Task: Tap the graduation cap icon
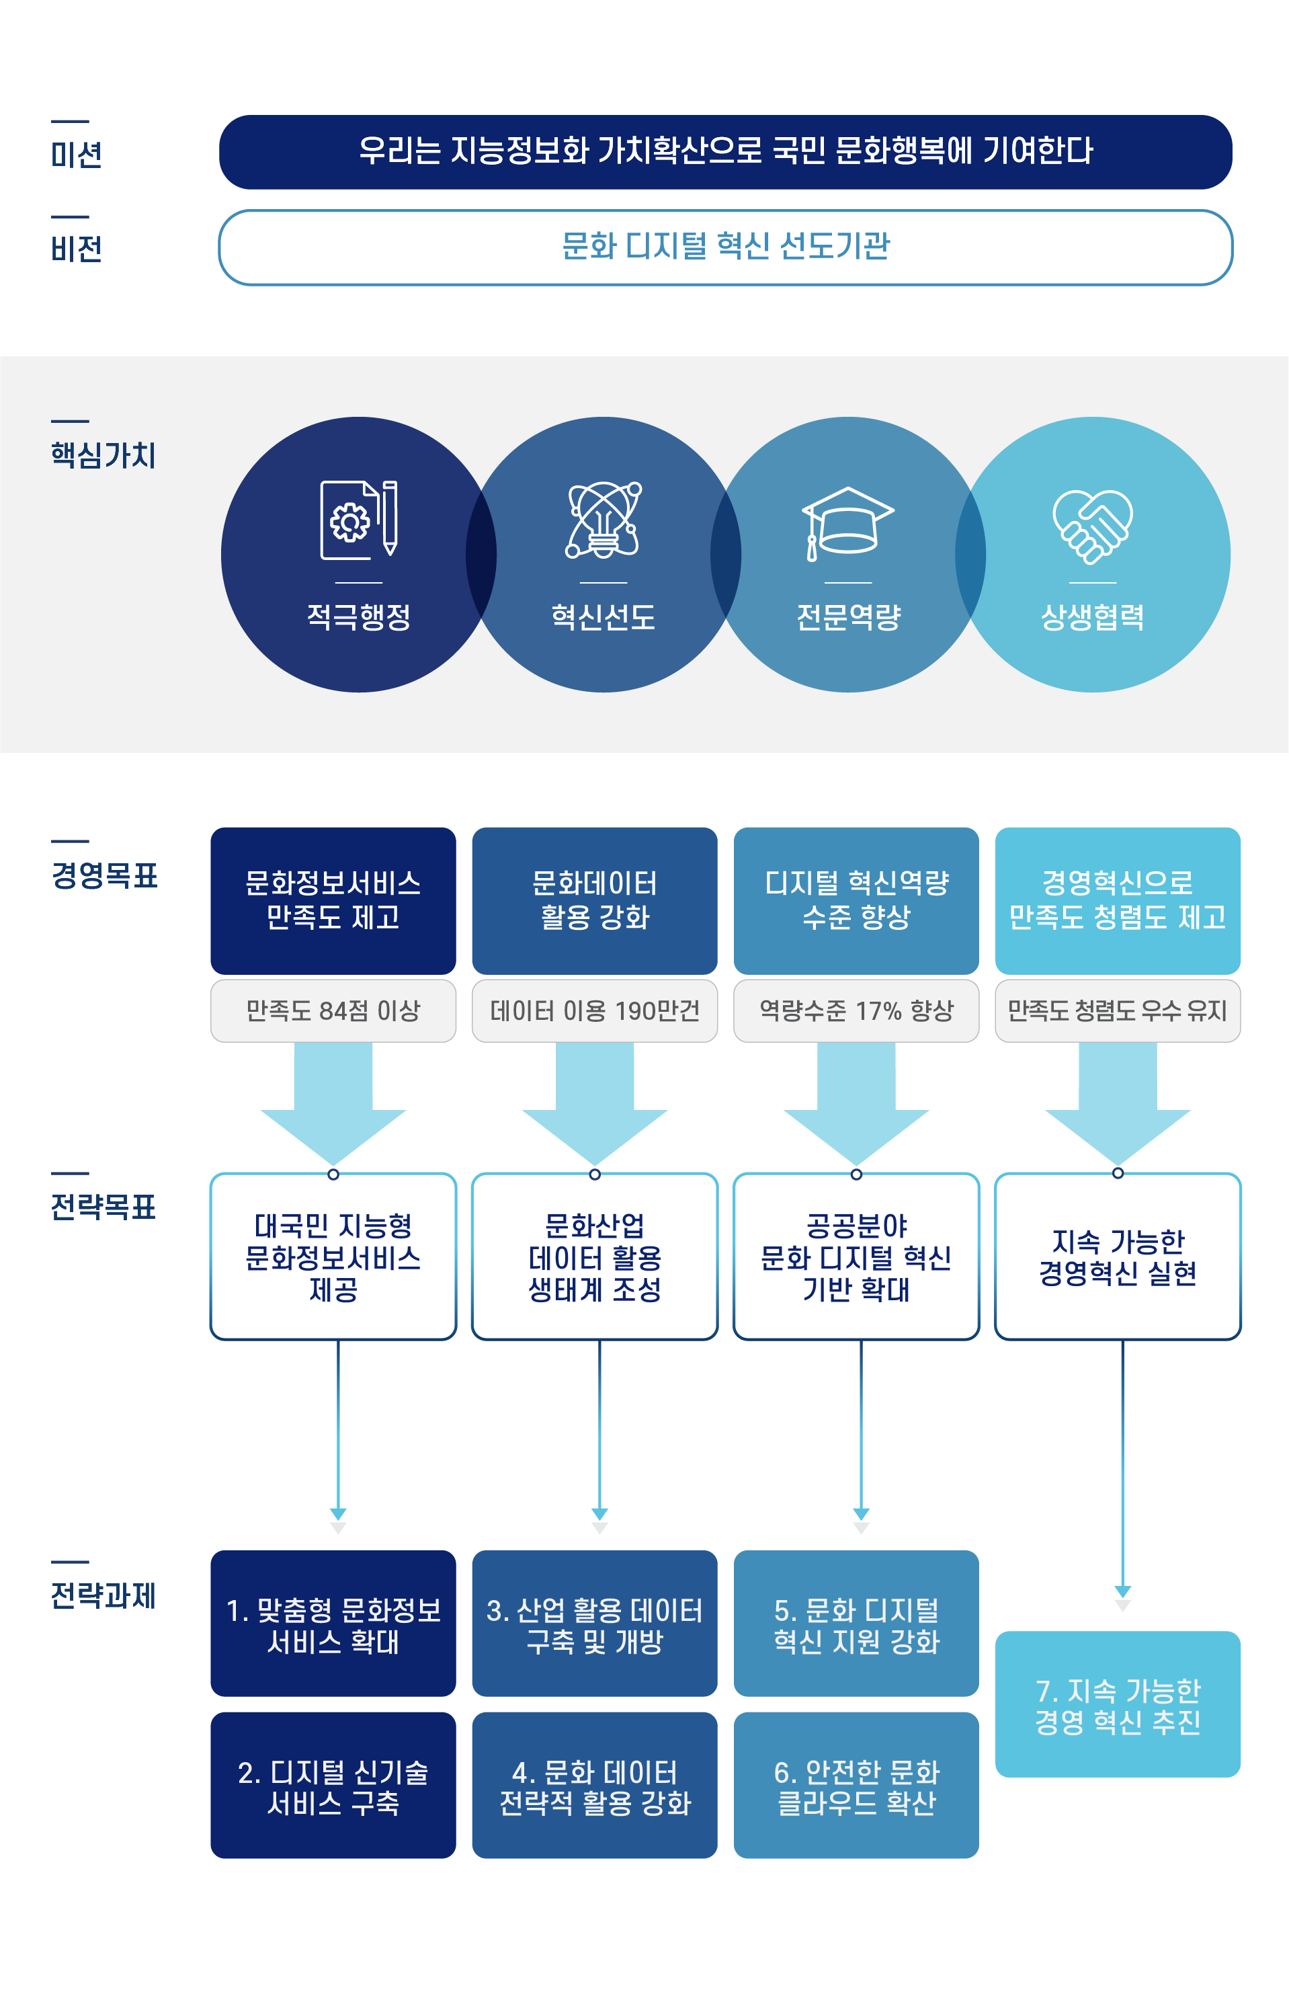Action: [847, 522]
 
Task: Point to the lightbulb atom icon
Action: [603, 520]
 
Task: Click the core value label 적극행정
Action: [359, 617]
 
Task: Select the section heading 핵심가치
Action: [103, 455]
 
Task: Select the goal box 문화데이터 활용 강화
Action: [594, 900]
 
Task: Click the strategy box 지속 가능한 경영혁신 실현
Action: [1117, 1256]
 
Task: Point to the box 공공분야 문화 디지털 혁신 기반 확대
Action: [856, 1256]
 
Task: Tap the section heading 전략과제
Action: [103, 1595]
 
